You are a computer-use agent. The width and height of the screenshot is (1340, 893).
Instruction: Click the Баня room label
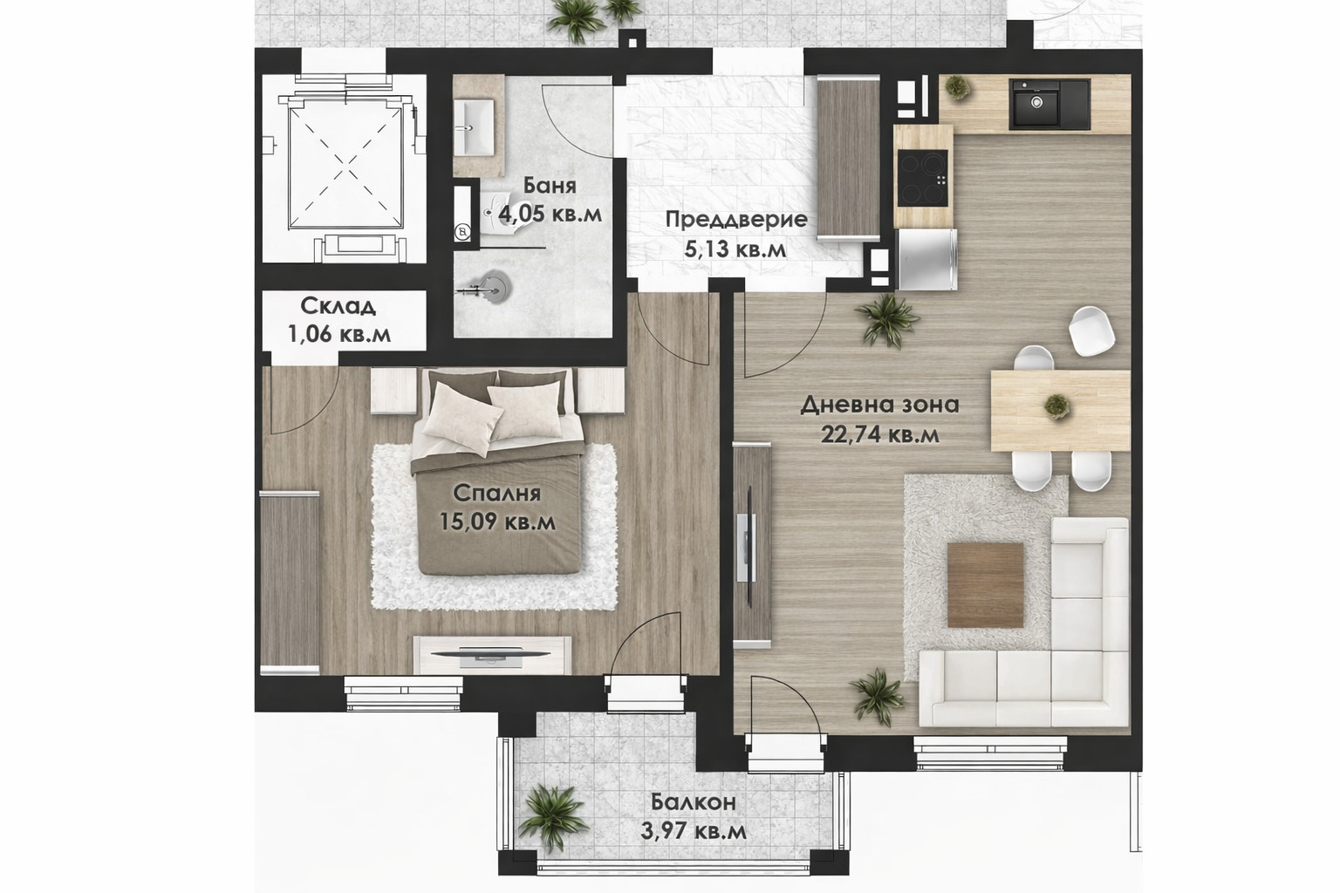[x=549, y=186]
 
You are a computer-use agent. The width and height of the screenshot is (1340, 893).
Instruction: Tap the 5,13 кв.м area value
[x=735, y=249]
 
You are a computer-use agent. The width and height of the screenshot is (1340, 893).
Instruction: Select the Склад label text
[x=338, y=306]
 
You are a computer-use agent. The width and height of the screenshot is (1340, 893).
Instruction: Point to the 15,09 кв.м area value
[x=497, y=521]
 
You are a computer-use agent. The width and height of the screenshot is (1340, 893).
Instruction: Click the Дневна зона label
[x=879, y=405]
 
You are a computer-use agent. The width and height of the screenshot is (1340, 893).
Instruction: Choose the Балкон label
[x=694, y=802]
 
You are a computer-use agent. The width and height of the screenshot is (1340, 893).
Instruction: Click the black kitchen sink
[x=1049, y=104]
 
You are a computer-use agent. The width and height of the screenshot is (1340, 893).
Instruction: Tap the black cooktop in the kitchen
[x=923, y=178]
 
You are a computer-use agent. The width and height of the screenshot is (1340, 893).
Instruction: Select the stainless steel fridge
[x=926, y=260]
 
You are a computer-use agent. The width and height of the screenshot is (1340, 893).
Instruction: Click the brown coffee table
[x=985, y=585]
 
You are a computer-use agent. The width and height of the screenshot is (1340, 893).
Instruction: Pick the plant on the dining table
[x=1057, y=406]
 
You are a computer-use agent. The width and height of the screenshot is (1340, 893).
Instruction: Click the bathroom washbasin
[x=474, y=126]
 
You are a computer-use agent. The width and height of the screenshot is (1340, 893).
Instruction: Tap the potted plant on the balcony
[x=552, y=818]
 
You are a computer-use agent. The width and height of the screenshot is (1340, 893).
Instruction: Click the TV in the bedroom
[x=491, y=654]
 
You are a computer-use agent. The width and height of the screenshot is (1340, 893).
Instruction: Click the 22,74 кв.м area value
[x=879, y=434]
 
